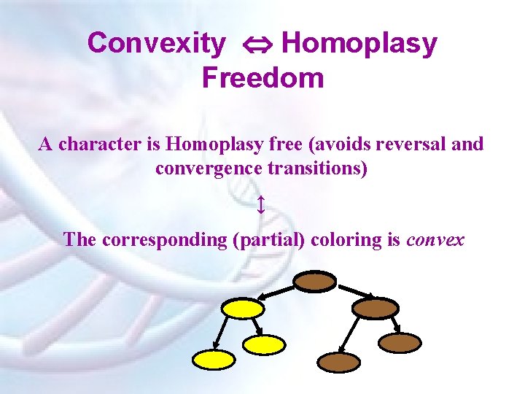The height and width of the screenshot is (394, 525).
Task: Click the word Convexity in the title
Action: pos(156,44)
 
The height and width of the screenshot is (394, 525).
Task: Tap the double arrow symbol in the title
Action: pos(254,45)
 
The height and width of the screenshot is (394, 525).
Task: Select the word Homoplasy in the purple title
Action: pos(359,44)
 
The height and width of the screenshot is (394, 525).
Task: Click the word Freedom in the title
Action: pos(262,77)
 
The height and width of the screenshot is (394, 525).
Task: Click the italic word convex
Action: pos(435,239)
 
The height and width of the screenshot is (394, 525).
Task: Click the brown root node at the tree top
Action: pos(314,281)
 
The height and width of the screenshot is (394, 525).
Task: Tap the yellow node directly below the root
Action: pos(243,309)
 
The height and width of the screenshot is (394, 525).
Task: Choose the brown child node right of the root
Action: pos(376,308)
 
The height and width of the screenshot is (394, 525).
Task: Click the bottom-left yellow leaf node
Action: pos(214,358)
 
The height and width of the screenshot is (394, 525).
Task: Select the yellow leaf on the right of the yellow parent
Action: pos(263,344)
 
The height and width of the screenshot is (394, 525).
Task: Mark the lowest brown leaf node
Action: pos(339,362)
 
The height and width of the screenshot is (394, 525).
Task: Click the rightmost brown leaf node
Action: pos(400,343)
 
